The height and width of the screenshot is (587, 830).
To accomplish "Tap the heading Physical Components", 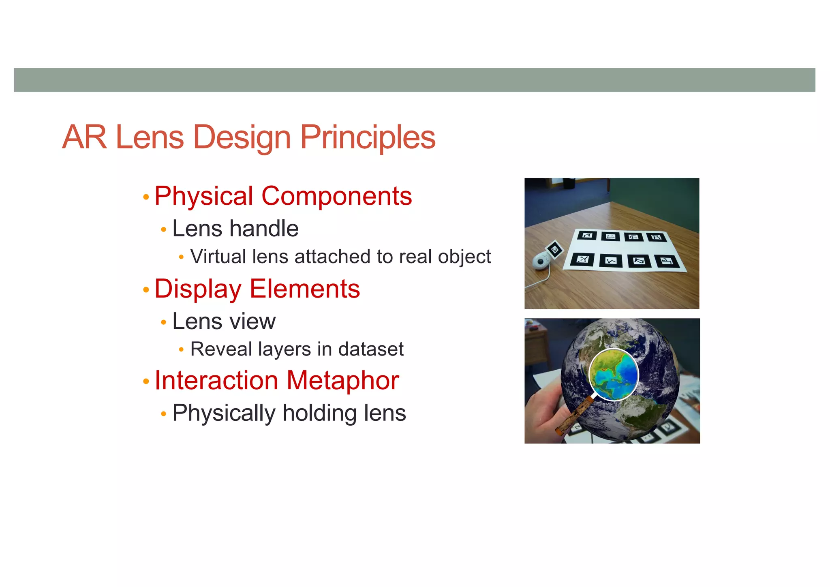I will pyautogui.click(x=283, y=196).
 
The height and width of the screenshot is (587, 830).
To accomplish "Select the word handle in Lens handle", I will pyautogui.click(x=264, y=229).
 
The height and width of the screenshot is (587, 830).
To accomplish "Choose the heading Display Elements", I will pyautogui.click(x=257, y=289).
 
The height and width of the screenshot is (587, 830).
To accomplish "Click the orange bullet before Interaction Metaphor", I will pyautogui.click(x=146, y=381).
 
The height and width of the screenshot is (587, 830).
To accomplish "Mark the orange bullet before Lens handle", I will pyautogui.click(x=163, y=230).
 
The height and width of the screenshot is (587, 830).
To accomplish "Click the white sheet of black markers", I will pyautogui.click(x=626, y=249).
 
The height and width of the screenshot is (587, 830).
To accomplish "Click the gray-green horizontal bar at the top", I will pyautogui.click(x=414, y=80).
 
